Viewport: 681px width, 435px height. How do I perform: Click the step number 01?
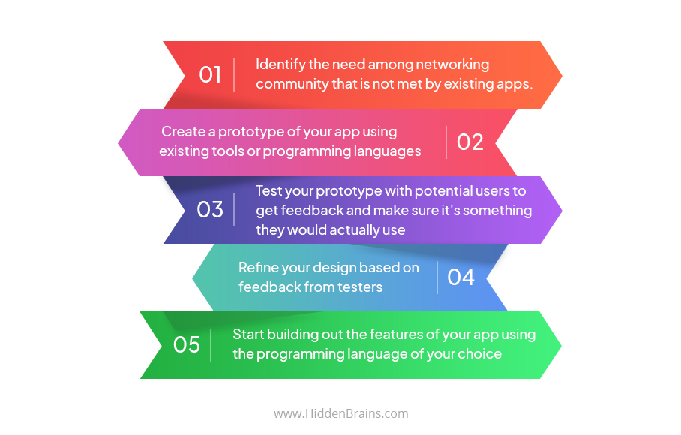210,75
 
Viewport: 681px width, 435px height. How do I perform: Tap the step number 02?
470,142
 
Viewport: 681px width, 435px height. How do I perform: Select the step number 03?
210,209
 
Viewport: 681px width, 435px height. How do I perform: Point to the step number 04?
460,277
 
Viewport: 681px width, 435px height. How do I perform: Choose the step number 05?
187,344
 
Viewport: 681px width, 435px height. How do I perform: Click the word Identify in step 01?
282,64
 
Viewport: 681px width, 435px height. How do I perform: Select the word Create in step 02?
184,132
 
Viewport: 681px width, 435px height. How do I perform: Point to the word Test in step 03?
268,190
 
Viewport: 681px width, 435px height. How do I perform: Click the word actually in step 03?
349,229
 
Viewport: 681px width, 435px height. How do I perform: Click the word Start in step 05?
249,334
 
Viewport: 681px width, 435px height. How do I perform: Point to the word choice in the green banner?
480,353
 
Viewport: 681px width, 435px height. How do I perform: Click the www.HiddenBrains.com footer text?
340,413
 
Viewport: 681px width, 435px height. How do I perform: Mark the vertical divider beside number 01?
235,75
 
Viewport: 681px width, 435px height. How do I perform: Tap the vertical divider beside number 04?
438,277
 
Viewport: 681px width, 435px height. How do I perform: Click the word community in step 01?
292,84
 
